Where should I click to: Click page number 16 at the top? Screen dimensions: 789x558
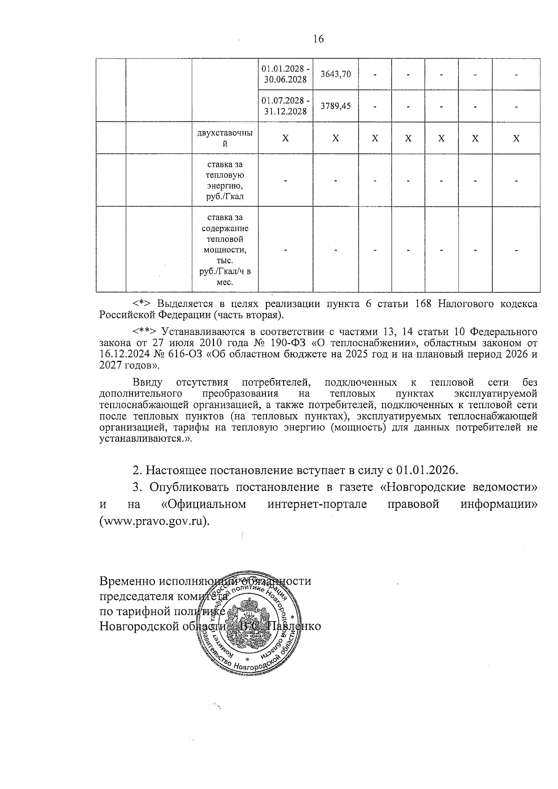point(319,39)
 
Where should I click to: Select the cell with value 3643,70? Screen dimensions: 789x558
point(336,74)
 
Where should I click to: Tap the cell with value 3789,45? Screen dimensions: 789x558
point(336,106)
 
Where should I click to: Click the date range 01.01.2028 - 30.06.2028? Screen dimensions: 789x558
point(285,74)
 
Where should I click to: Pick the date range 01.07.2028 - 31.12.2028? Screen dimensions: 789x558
point(285,106)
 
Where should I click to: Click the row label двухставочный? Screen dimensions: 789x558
point(225,138)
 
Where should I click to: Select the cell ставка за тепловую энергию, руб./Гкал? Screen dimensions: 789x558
point(225,180)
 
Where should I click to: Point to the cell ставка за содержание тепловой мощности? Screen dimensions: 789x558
point(225,250)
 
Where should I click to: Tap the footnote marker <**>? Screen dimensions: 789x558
point(145,332)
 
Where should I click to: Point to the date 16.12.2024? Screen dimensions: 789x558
point(120,355)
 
